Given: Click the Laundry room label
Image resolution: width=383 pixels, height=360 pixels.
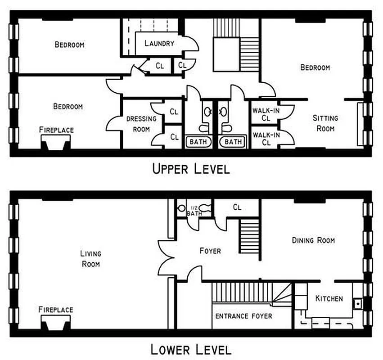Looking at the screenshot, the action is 159,43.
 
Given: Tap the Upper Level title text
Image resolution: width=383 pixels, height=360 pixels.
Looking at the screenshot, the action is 191,169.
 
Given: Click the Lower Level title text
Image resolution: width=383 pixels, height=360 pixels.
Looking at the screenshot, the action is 191,349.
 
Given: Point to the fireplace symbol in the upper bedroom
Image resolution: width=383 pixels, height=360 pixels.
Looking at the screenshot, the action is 56,144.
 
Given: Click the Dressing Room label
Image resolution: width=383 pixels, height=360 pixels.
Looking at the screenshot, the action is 141,124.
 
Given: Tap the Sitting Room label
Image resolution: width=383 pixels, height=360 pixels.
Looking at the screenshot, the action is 325,123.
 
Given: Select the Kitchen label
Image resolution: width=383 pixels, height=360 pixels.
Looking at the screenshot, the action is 329,298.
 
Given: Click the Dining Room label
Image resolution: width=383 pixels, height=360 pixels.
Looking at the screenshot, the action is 313,240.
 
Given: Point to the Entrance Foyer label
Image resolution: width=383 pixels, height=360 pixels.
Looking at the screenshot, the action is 243,316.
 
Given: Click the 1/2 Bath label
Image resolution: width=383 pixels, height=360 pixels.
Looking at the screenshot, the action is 194,211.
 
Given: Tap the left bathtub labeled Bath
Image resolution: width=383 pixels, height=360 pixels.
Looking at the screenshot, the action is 198,142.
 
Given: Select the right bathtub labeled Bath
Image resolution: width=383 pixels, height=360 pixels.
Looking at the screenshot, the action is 233,142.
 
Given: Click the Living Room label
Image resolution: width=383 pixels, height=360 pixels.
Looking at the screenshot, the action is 91,259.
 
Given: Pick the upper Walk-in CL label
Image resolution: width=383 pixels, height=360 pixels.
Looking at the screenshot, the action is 266,114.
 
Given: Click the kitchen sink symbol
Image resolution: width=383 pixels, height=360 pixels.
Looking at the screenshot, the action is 358,303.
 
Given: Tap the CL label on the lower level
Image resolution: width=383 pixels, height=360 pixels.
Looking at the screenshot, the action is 237,207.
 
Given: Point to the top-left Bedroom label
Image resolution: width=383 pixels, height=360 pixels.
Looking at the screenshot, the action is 69,45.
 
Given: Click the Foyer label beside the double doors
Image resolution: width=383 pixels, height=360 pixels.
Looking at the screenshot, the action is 210,250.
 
